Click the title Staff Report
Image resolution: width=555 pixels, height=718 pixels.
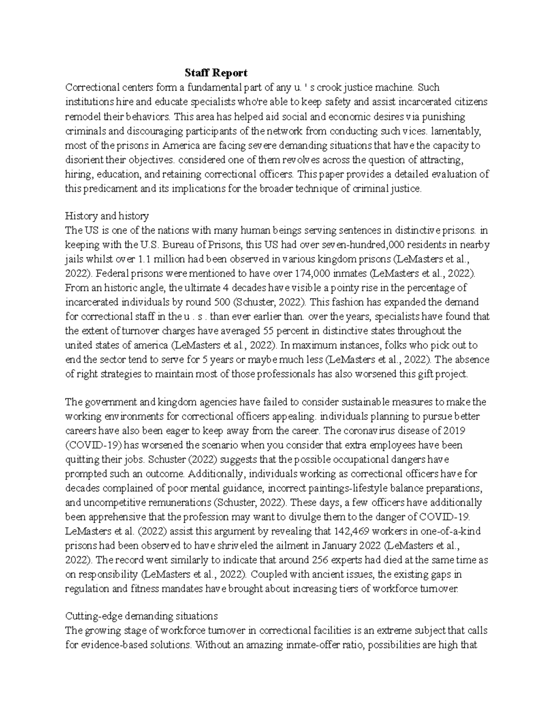[x=216, y=73]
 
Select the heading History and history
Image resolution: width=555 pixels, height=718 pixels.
[x=107, y=215]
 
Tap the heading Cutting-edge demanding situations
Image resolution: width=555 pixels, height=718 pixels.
[x=142, y=616]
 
